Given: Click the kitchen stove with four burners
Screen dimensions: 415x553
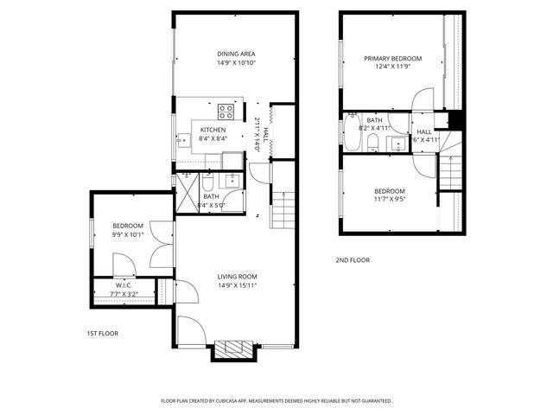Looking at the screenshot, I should [x=227, y=111].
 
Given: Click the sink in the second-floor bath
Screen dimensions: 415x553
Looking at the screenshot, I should [x=397, y=144].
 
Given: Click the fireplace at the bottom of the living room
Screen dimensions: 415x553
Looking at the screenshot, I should [x=232, y=349].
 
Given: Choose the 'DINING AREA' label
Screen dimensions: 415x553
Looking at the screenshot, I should [x=236, y=54].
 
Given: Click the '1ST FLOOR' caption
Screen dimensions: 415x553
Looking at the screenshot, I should [x=102, y=334].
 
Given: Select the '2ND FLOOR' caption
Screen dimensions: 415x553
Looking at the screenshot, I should [x=353, y=260].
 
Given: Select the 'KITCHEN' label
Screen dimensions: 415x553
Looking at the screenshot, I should [x=213, y=130].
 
